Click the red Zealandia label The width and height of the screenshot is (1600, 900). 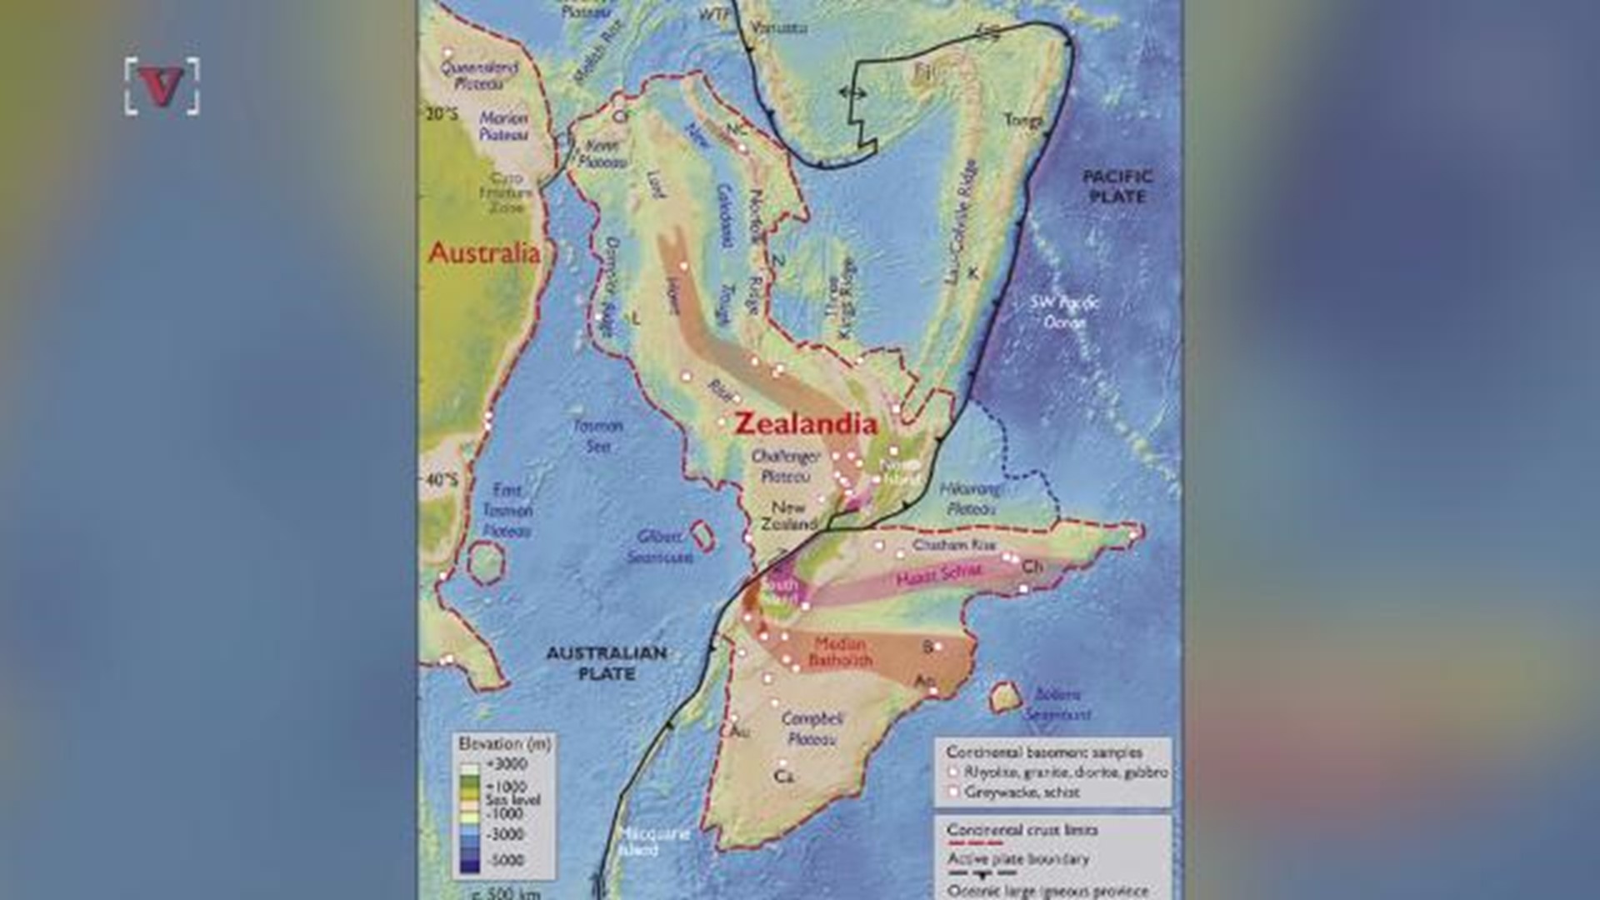[x=805, y=424]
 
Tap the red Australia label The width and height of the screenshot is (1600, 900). [x=483, y=253]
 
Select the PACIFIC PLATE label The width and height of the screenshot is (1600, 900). [x=1117, y=187]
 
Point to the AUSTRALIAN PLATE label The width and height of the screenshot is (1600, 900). [x=606, y=663]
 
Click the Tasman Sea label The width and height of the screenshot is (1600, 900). [x=597, y=436]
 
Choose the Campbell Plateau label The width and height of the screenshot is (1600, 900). [x=812, y=728]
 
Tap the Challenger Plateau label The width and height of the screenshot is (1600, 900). [x=785, y=467]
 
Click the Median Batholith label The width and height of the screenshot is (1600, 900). [x=840, y=652]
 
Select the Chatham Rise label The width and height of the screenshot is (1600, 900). [x=954, y=545]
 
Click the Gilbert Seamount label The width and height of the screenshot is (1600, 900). [x=660, y=547]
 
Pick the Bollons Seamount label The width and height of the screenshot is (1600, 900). [x=1057, y=704]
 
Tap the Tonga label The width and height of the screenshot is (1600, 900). [x=1022, y=120]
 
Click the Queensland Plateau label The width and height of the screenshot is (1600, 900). [x=479, y=76]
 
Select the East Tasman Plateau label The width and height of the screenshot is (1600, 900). [x=507, y=510]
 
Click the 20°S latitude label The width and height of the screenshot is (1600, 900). [x=442, y=114]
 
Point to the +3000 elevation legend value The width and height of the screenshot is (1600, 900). [x=507, y=763]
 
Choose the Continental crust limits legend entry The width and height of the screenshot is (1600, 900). [x=1022, y=830]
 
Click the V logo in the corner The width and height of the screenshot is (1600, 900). [x=162, y=86]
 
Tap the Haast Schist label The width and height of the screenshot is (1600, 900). [x=938, y=574]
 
